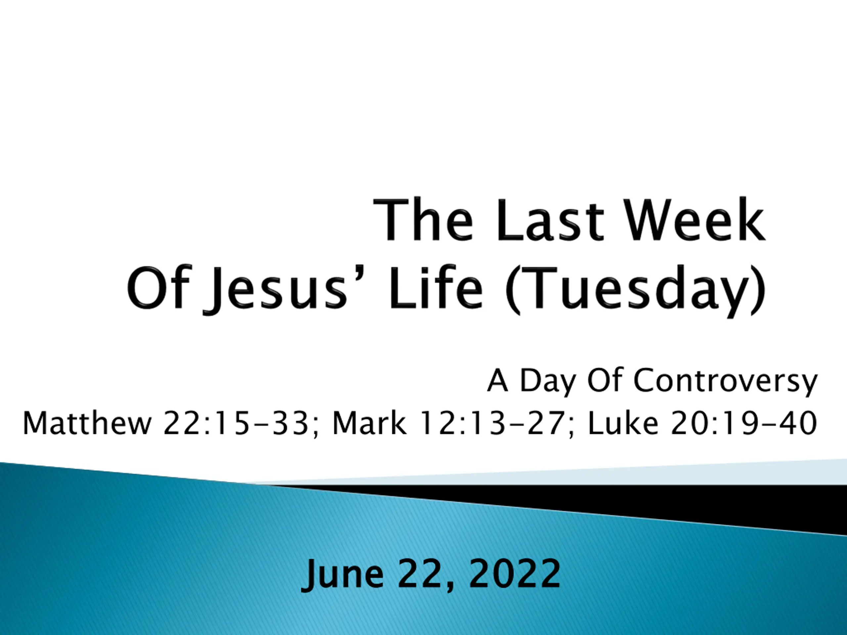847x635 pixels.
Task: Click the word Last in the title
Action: (x=550, y=220)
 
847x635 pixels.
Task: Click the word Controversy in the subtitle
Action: (x=726, y=381)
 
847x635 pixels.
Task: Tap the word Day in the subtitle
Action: (x=548, y=381)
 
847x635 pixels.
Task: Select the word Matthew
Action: (x=87, y=423)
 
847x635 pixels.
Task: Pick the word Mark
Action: (x=369, y=423)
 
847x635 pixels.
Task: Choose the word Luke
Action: (x=623, y=423)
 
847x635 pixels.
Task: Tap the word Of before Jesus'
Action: (x=158, y=287)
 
